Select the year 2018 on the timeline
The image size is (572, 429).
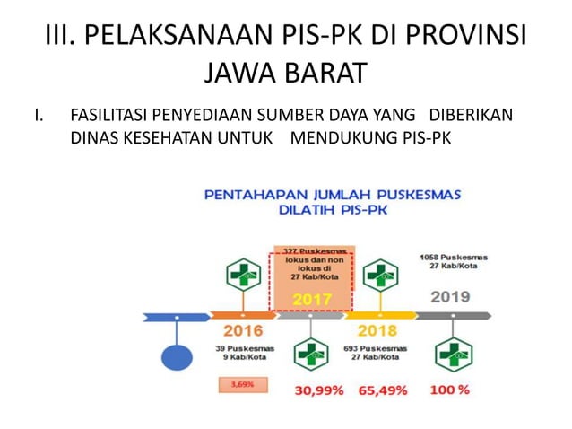[x=377, y=330]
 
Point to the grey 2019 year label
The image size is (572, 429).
[x=450, y=296]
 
